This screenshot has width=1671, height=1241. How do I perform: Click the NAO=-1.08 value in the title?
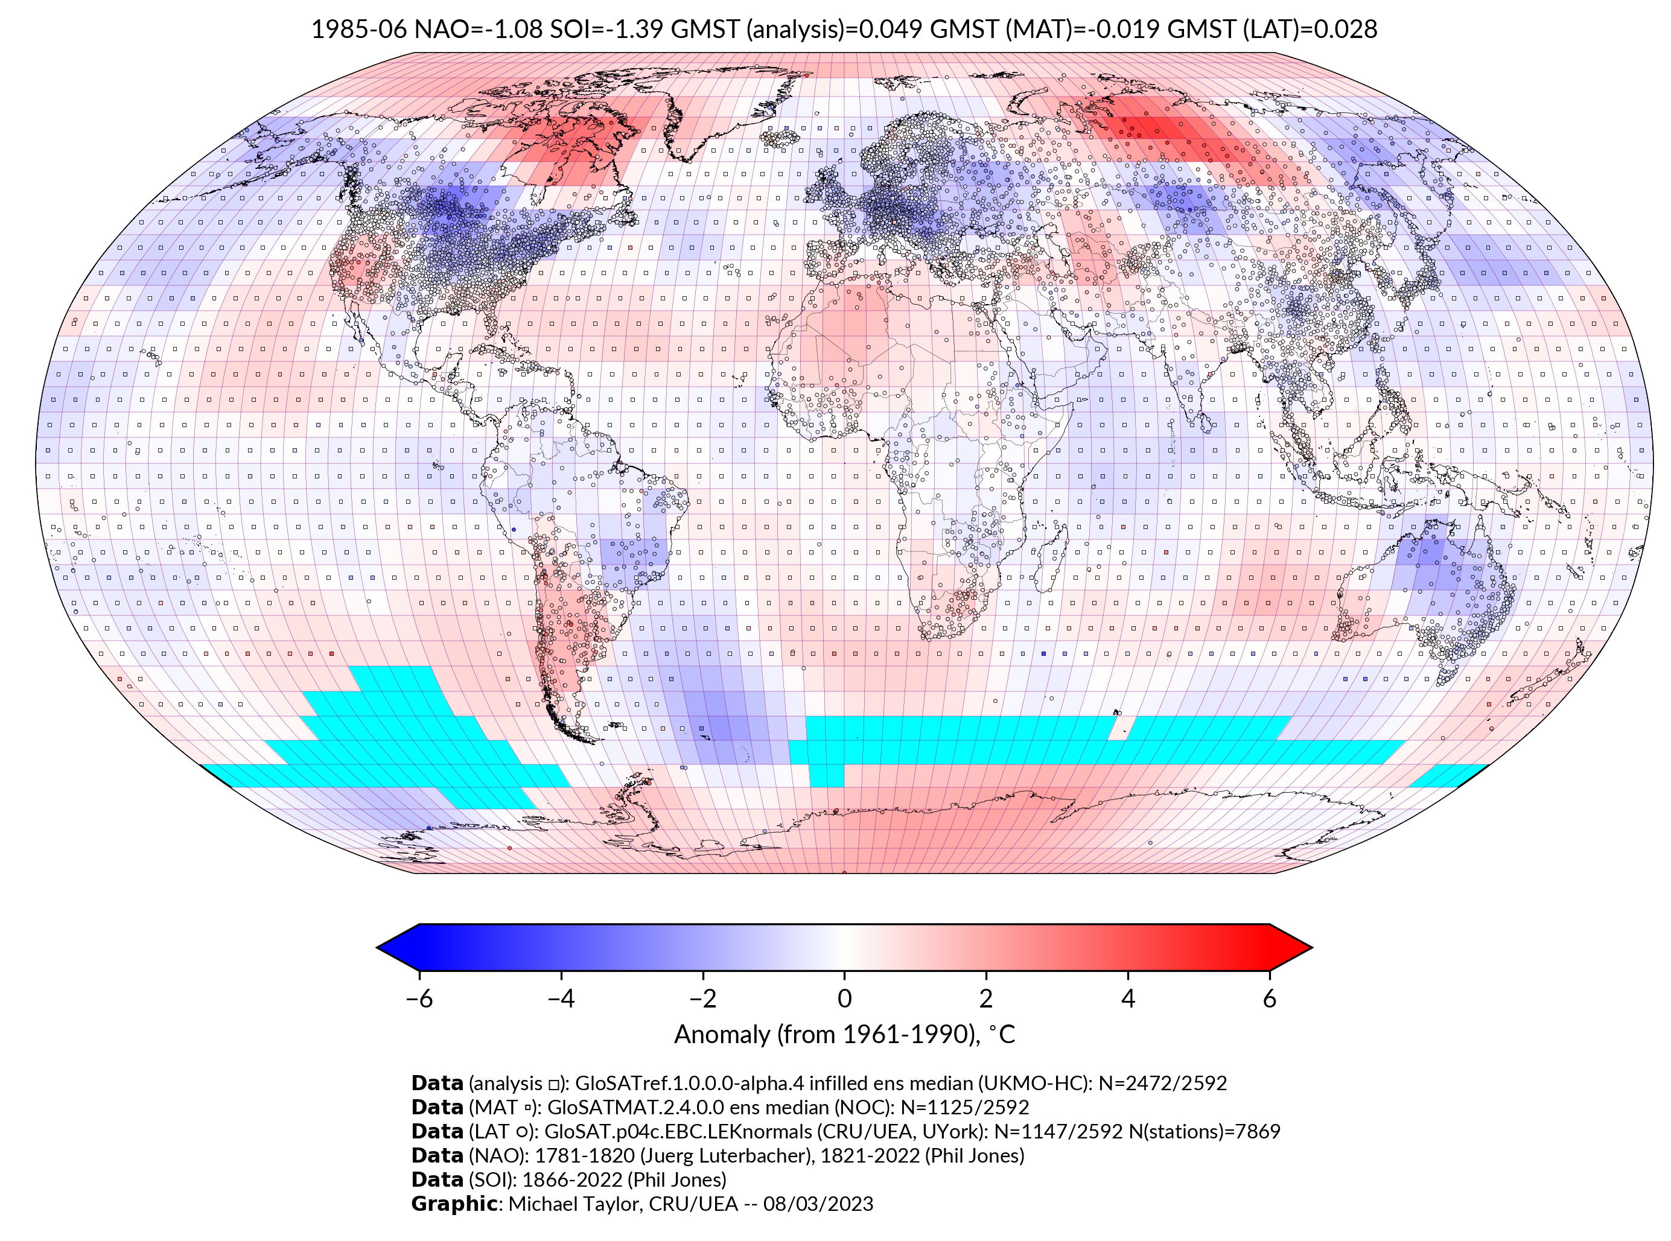click(x=478, y=30)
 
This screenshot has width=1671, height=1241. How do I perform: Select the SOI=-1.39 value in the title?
click(x=606, y=30)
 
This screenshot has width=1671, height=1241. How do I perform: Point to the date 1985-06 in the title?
click(x=359, y=30)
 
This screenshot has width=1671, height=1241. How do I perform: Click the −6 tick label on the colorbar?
click(x=419, y=998)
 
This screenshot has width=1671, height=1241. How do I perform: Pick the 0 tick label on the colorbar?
click(x=844, y=998)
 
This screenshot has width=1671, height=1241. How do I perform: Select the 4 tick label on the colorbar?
click(x=1128, y=998)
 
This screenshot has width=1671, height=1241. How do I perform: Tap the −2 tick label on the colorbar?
click(x=702, y=998)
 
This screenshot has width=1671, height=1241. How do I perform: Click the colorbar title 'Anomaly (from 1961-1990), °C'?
click(x=844, y=1035)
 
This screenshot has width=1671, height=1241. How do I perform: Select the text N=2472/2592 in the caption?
click(x=1162, y=1084)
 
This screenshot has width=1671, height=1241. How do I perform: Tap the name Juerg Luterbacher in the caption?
click(x=738, y=1155)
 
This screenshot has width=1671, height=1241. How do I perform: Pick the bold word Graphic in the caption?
click(x=454, y=1204)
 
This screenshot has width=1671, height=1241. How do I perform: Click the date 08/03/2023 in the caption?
click(x=818, y=1204)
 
